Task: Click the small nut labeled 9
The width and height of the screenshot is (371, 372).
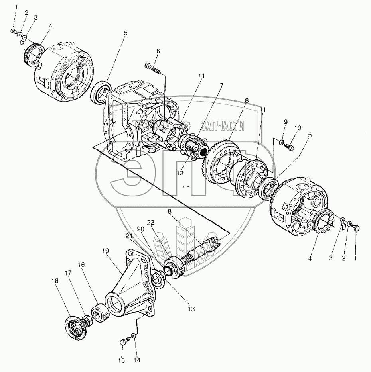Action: click(282, 142)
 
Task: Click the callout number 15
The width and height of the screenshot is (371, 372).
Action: click(121, 360)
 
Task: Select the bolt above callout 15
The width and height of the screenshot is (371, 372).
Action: click(124, 341)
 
